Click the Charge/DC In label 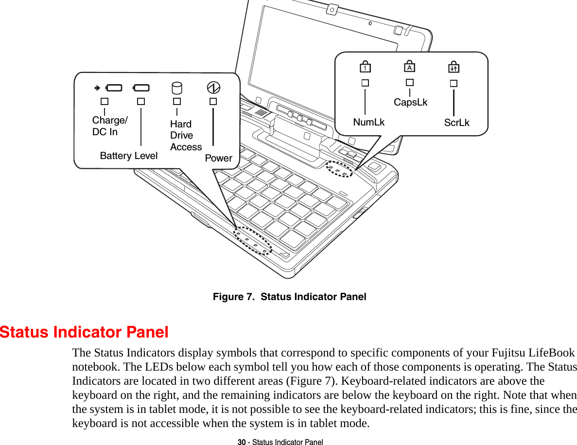pyautogui.click(x=110, y=126)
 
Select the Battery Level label pyautogui.click(x=129, y=156)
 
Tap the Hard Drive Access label pyautogui.click(x=185, y=135)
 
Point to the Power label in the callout pyautogui.click(x=218, y=158)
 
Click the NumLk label pyautogui.click(x=368, y=122)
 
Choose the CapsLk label pyautogui.click(x=411, y=102)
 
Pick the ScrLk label pyautogui.click(x=456, y=123)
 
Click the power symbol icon pyautogui.click(x=213, y=88)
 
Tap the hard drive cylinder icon pyautogui.click(x=177, y=88)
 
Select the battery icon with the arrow pyautogui.click(x=108, y=88)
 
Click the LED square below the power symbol pyautogui.click(x=213, y=102)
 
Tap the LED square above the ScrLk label pyautogui.click(x=453, y=83)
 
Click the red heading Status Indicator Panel pyautogui.click(x=85, y=333)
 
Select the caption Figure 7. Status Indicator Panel pyautogui.click(x=289, y=297)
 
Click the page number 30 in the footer pyautogui.click(x=241, y=442)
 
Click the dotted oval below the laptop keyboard pyautogui.click(x=252, y=240)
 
